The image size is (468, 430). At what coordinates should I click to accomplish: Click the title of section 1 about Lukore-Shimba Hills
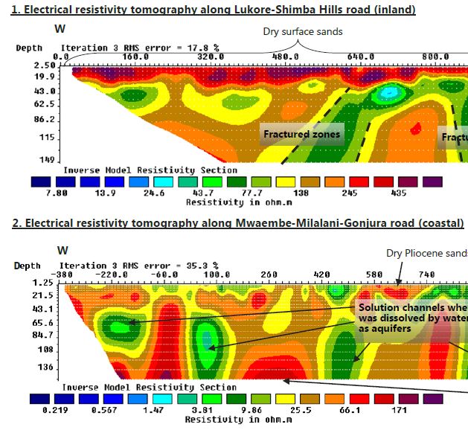pos(208,10)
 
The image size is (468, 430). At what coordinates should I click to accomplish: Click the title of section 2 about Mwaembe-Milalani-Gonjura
pos(232,223)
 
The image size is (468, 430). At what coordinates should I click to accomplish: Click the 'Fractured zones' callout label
pos(301,135)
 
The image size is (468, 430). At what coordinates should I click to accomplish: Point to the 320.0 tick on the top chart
pos(209,57)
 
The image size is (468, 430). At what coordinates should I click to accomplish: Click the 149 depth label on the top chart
pos(25,160)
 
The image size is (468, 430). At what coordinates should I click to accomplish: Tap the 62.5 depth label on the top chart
pos(25,105)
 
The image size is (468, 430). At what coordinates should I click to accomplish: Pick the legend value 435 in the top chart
pos(398,192)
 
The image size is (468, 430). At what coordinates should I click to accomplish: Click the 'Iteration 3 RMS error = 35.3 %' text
pos(138,266)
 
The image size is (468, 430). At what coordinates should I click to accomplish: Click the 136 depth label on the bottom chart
pos(25,367)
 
